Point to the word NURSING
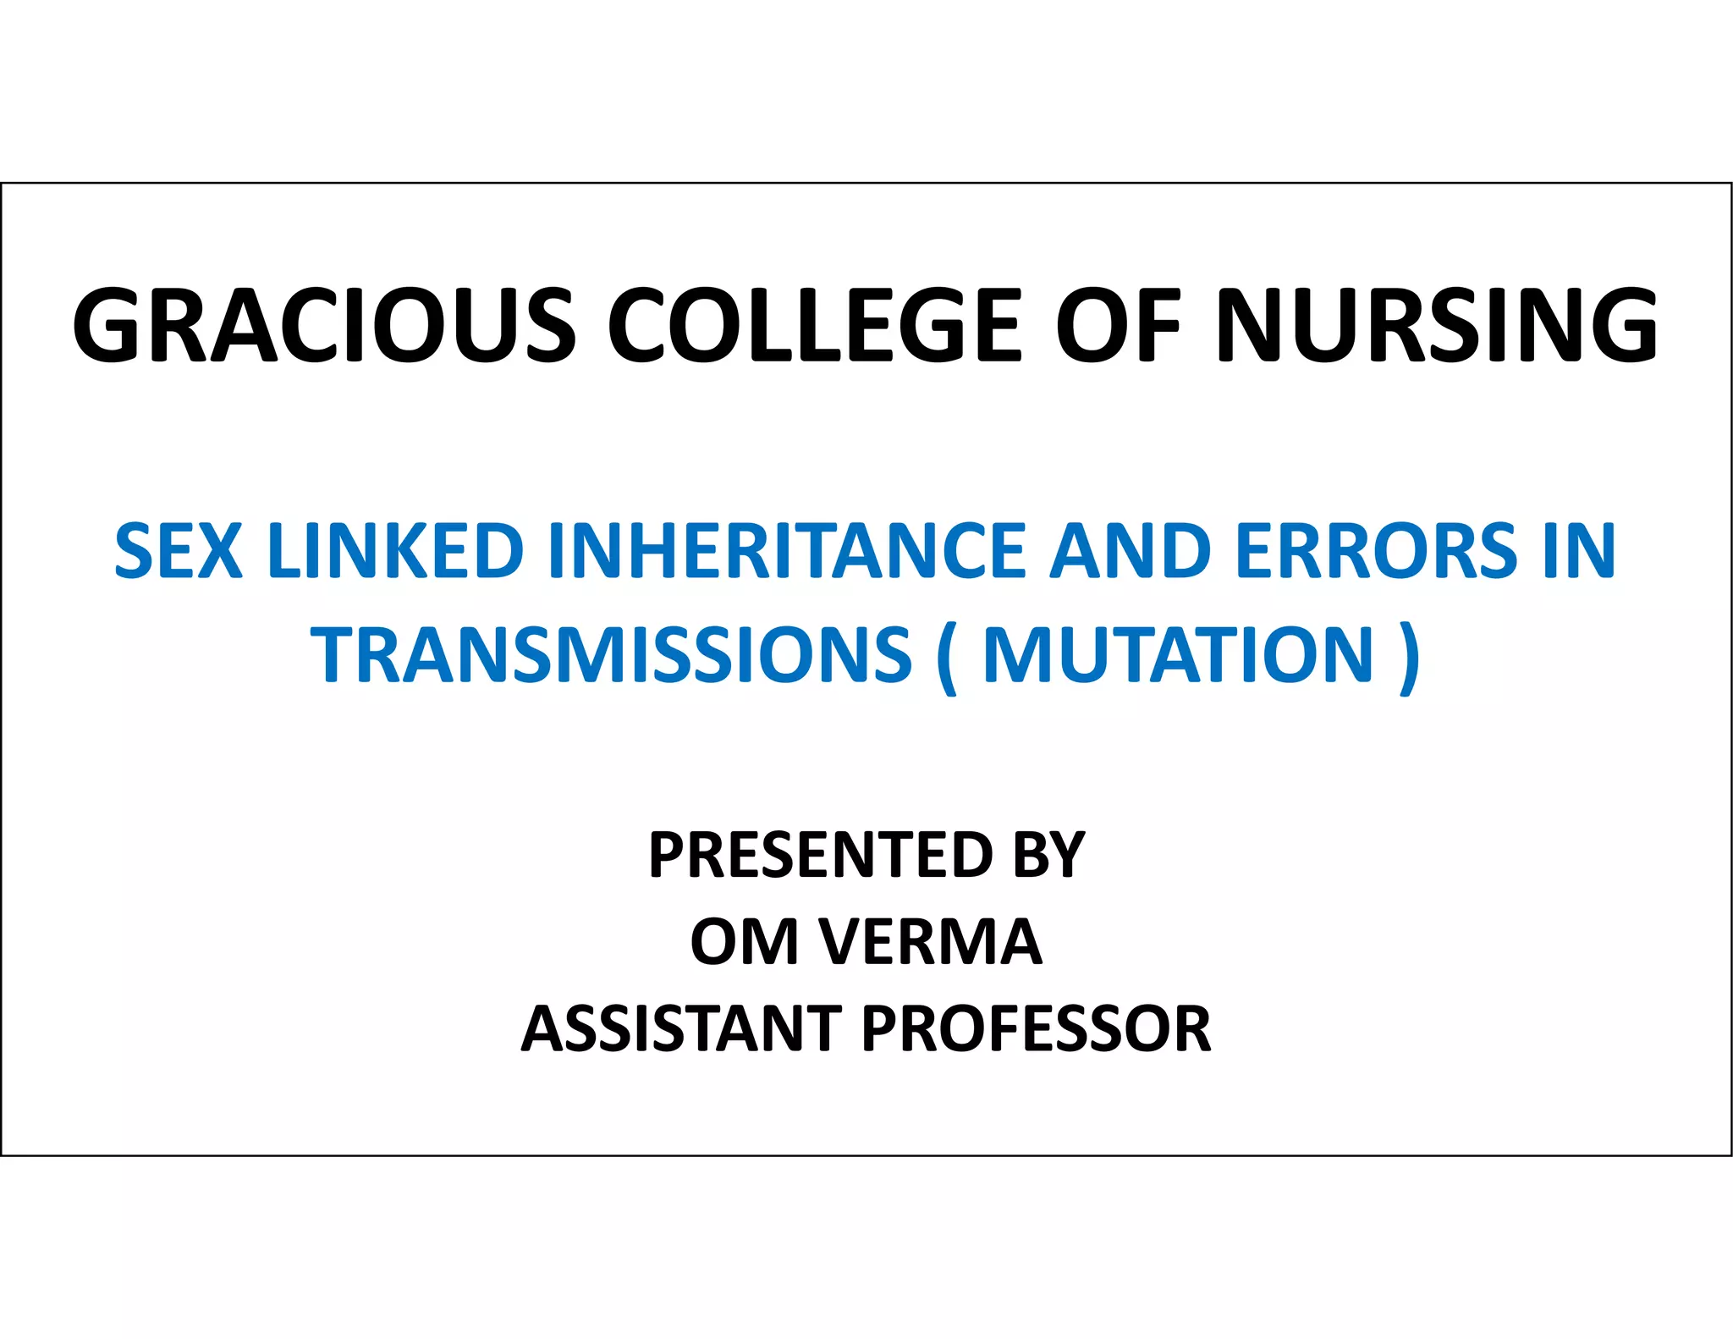pos(1438,326)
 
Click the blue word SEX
pos(179,551)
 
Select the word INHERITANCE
pos(787,551)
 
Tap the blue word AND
pos(1131,551)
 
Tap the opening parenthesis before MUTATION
pos(947,658)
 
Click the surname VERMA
pos(930,941)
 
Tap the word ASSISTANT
pos(682,1028)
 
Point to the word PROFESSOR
pos(1037,1028)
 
